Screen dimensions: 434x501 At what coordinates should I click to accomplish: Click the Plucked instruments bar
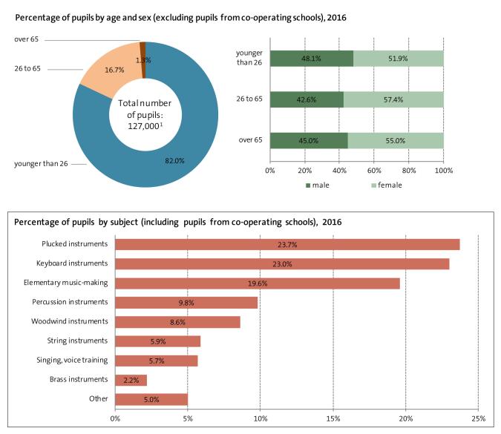click(x=287, y=244)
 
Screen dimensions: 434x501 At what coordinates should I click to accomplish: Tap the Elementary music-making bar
click(x=258, y=283)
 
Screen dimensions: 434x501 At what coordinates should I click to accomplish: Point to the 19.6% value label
click(x=258, y=283)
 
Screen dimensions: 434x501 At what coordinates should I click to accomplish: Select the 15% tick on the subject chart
click(x=333, y=419)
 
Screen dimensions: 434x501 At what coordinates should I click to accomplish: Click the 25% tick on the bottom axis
click(x=479, y=419)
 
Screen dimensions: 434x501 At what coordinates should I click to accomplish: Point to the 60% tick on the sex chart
click(x=374, y=171)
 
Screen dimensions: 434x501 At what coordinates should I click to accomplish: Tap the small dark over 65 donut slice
click(x=142, y=50)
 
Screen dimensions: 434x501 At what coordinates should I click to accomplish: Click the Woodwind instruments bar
click(x=178, y=321)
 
